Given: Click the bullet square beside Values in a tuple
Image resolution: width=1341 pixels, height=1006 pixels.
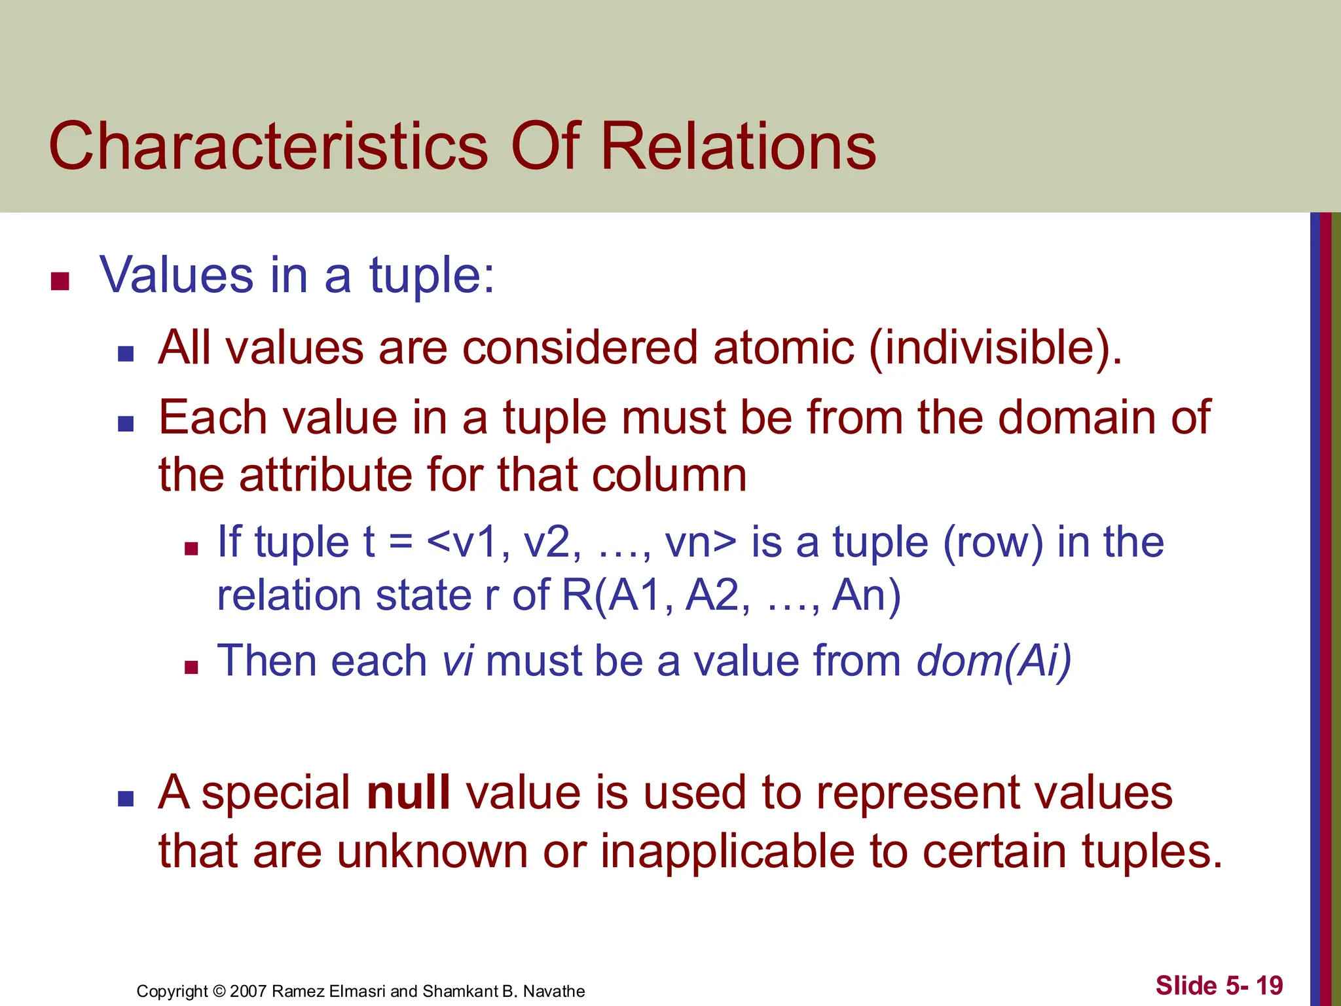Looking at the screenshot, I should point(60,281).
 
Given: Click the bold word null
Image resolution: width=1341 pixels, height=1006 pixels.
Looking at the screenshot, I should point(409,792).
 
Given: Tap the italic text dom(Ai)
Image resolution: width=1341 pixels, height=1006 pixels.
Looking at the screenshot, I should point(994,660).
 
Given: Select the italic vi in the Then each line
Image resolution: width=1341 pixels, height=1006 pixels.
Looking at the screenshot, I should point(458,660).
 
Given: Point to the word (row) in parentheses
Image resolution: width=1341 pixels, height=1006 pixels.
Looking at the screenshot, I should point(993,543).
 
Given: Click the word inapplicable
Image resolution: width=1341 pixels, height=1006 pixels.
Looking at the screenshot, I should point(727,851).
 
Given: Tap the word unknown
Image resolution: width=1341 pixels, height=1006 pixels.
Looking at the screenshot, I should point(433,851).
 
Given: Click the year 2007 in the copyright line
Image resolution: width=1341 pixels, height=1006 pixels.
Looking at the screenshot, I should point(248,992).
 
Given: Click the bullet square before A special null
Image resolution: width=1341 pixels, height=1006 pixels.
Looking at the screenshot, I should point(126,798).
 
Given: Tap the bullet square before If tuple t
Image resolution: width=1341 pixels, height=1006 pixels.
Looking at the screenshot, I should point(191,549).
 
